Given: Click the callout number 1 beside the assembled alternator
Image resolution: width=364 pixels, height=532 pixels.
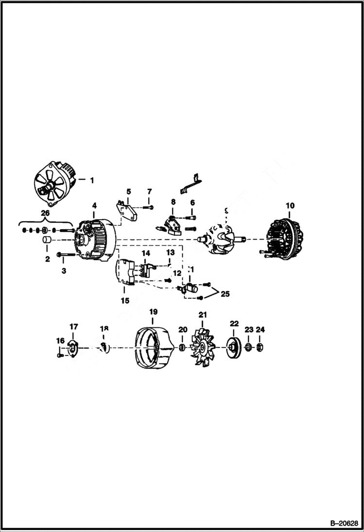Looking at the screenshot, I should point(91,180).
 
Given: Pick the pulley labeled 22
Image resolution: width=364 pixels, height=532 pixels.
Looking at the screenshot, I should point(234,347).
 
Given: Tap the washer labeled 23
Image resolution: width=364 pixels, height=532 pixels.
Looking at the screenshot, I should point(248,347).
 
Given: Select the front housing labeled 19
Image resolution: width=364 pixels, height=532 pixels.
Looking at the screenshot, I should point(154,347).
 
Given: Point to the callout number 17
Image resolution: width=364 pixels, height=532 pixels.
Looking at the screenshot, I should point(73,327).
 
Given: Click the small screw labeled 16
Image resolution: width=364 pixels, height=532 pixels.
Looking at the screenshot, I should point(59,355).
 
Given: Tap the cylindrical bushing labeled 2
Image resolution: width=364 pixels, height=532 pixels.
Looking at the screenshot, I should point(47,241).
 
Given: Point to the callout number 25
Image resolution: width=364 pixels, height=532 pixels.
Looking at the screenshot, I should point(225,294).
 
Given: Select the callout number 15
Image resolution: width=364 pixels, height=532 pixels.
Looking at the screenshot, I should point(125,301).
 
